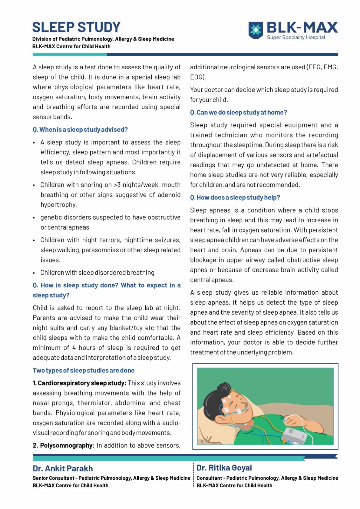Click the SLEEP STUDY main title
coord(76,27)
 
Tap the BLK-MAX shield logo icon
coord(255,30)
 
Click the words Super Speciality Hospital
coord(296,38)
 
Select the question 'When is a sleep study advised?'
coord(80,130)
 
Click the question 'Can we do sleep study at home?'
coord(239,113)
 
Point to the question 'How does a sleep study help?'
coord(235,198)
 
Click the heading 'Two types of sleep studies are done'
coord(84,371)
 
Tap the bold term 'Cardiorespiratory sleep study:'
coord(80,383)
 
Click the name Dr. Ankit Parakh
coord(63,469)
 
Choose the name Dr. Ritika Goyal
coord(224,468)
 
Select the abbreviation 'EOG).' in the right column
coord(198,77)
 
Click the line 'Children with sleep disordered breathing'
coord(97,273)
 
